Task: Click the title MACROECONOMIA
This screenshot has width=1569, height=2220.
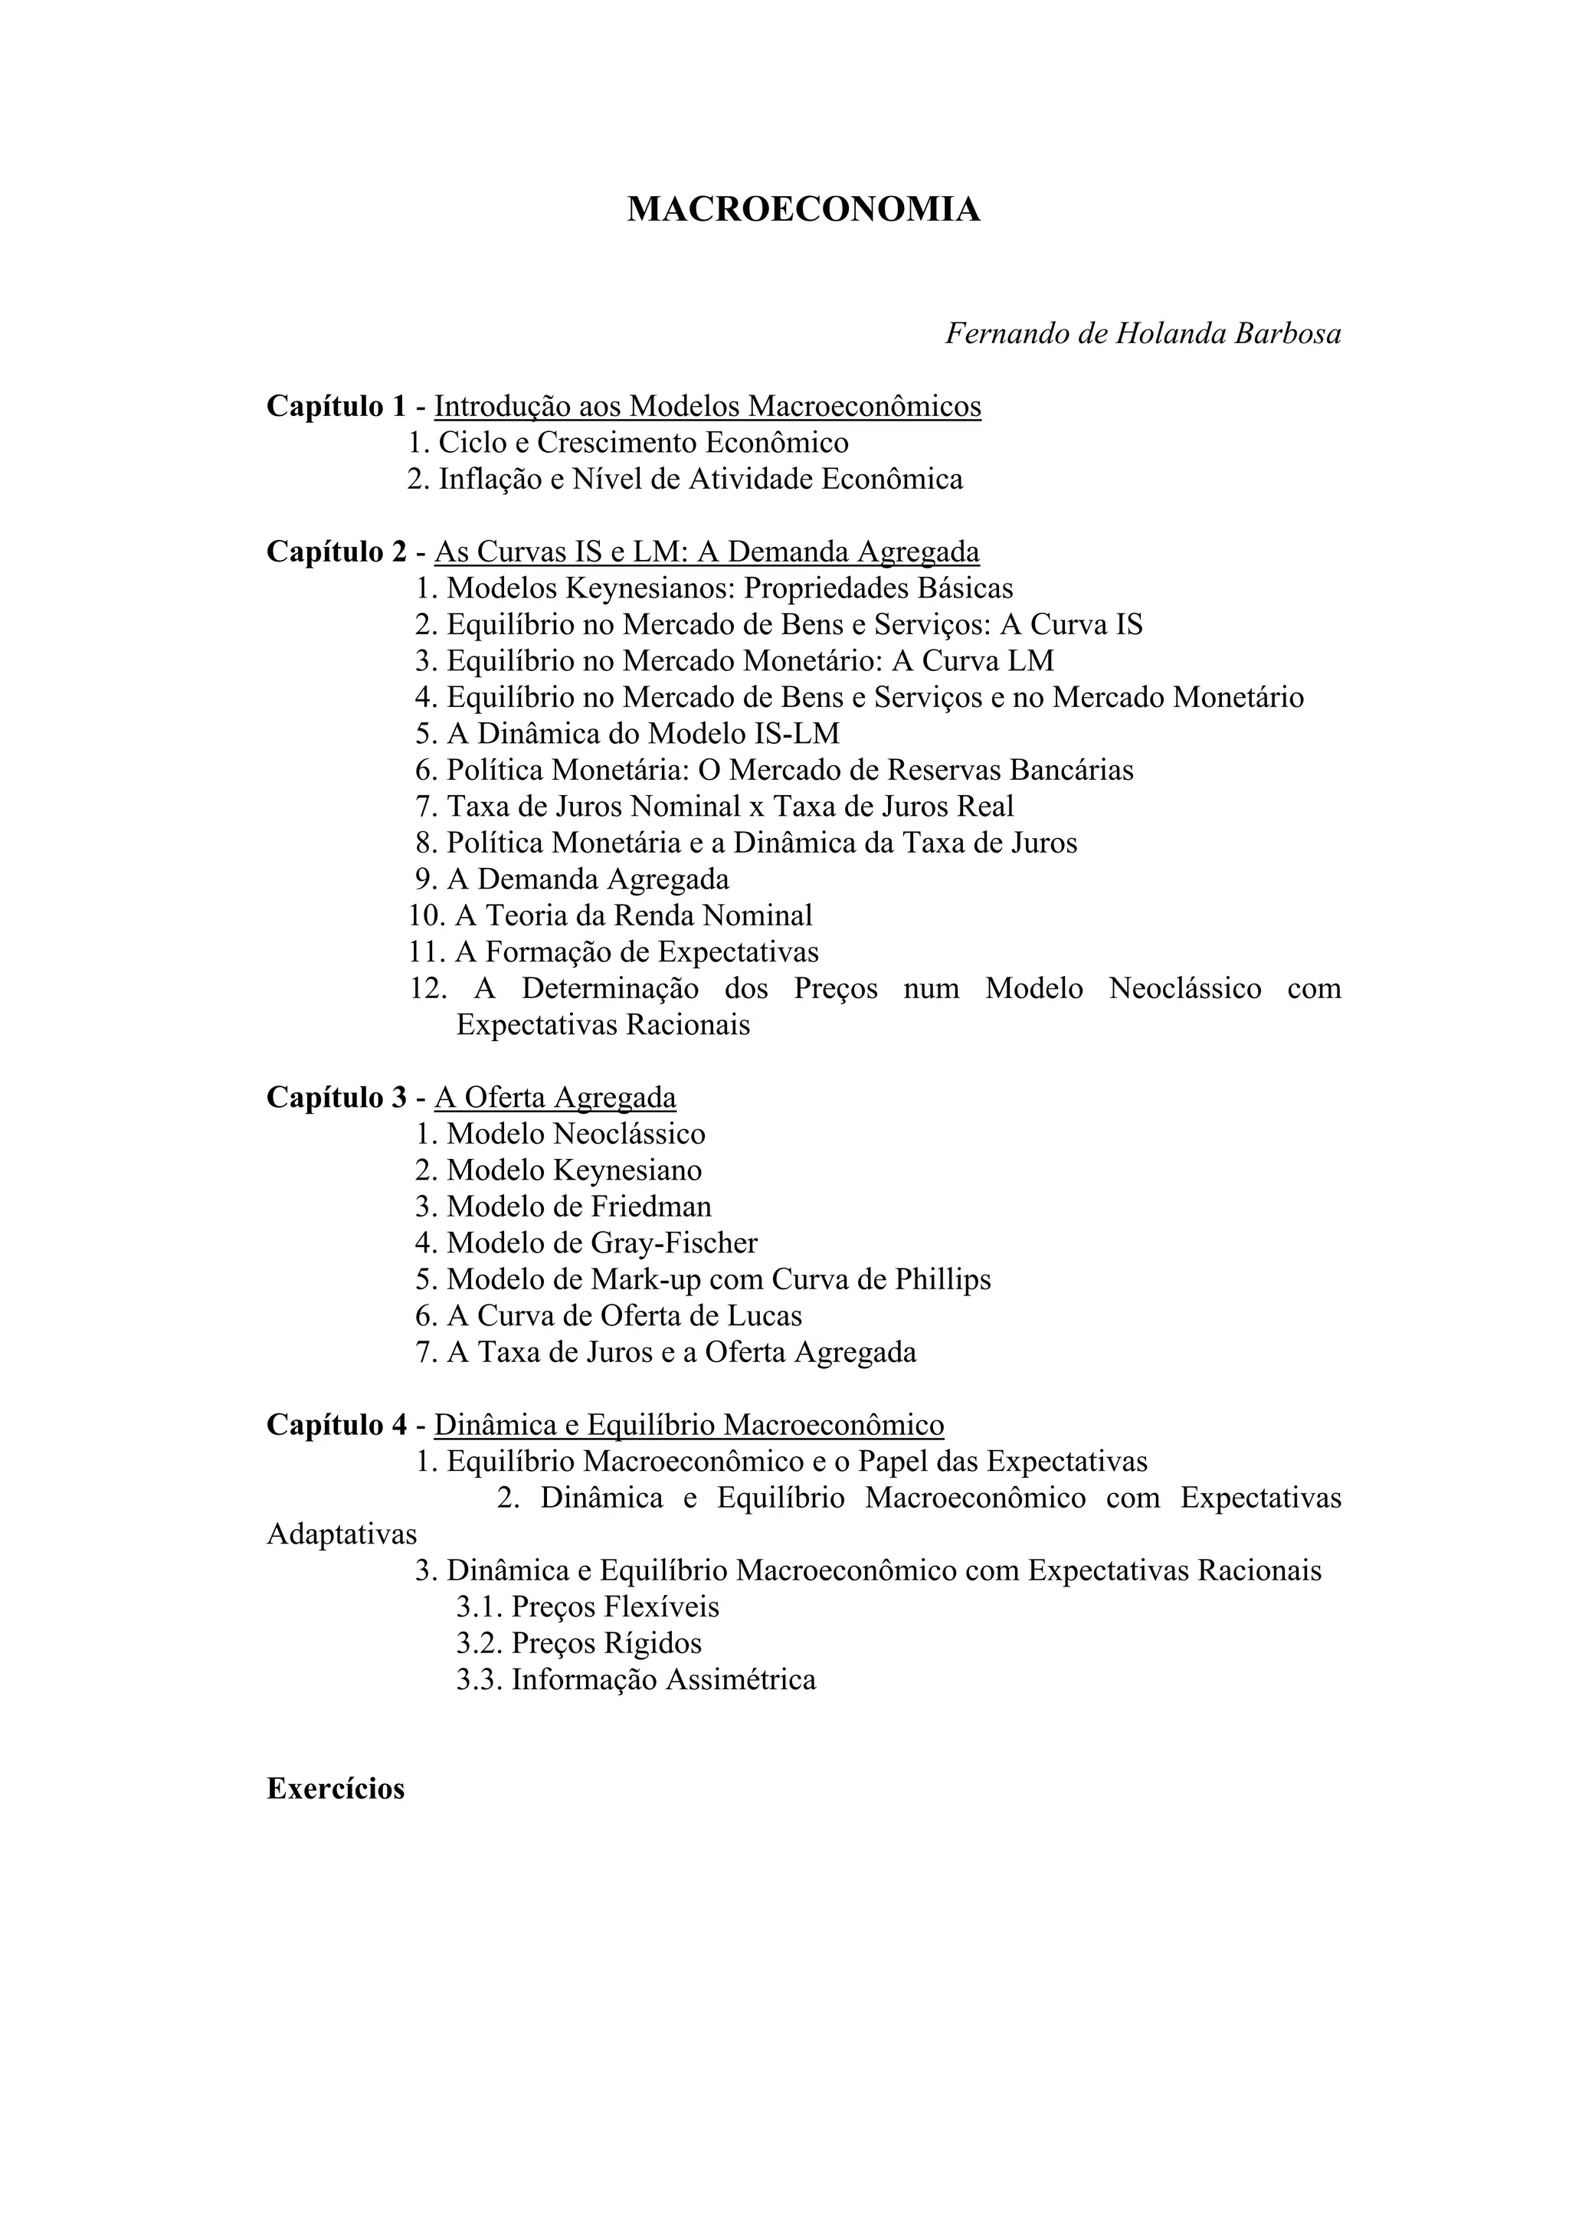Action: point(804,209)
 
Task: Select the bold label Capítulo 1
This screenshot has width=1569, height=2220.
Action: point(336,406)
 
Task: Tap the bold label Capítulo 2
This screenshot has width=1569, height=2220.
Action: point(336,552)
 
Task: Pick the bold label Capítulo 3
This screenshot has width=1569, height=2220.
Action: point(336,1098)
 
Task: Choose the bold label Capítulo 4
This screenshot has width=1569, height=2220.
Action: point(336,1424)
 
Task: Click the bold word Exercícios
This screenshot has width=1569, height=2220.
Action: point(336,1789)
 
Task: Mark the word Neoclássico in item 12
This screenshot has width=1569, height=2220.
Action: point(1185,988)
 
